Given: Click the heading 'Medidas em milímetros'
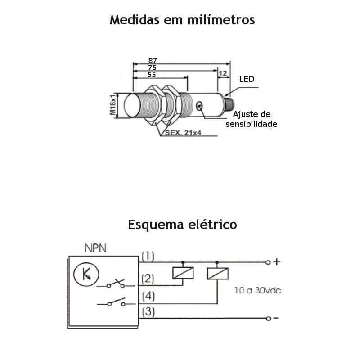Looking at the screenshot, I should point(182,20).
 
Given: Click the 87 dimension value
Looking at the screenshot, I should point(152,60).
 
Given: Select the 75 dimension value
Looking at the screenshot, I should point(152,67).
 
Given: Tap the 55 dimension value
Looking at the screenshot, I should point(152,75).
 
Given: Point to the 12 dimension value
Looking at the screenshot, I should point(223,73).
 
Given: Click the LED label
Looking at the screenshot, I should point(247,79).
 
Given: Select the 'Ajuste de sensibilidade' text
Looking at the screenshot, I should point(252,119).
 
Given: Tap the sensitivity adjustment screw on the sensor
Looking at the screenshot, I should point(199,106).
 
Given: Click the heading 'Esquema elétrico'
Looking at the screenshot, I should point(182,224).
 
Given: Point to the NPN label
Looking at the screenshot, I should point(96,248).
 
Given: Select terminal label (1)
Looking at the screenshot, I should point(148,256).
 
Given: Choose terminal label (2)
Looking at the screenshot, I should point(148,279).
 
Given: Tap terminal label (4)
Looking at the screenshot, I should point(148,297).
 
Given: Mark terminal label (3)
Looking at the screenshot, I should point(148,312).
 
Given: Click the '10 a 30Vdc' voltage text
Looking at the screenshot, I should point(257,290).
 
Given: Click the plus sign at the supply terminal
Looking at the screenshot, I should point(277,261).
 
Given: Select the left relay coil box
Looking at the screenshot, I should point(183,273).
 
